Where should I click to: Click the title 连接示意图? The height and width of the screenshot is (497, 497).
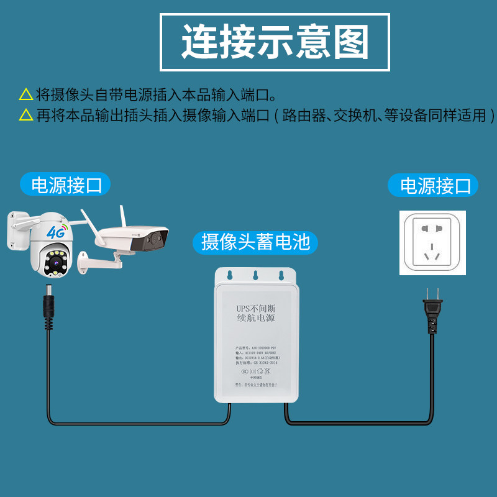pos(275,42)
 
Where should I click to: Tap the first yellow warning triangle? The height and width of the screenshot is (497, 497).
pos(26,95)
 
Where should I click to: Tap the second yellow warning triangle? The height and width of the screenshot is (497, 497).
pos(26,116)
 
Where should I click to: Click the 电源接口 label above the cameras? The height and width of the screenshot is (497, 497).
pos(66,185)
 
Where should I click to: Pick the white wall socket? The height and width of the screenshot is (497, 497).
pos(432,242)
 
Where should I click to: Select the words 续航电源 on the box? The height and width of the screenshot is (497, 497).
pos(256,319)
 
